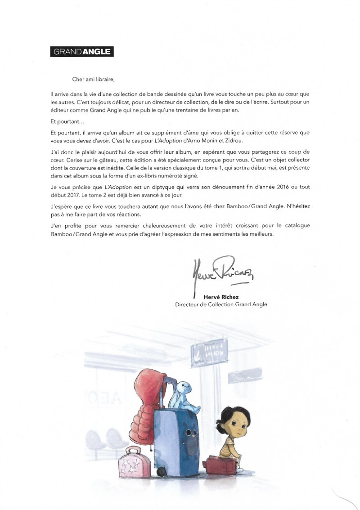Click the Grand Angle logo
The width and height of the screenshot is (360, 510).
click(x=82, y=52)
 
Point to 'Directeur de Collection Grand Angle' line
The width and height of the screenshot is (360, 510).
click(x=221, y=304)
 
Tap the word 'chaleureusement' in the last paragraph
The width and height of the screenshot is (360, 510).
click(x=152, y=225)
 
